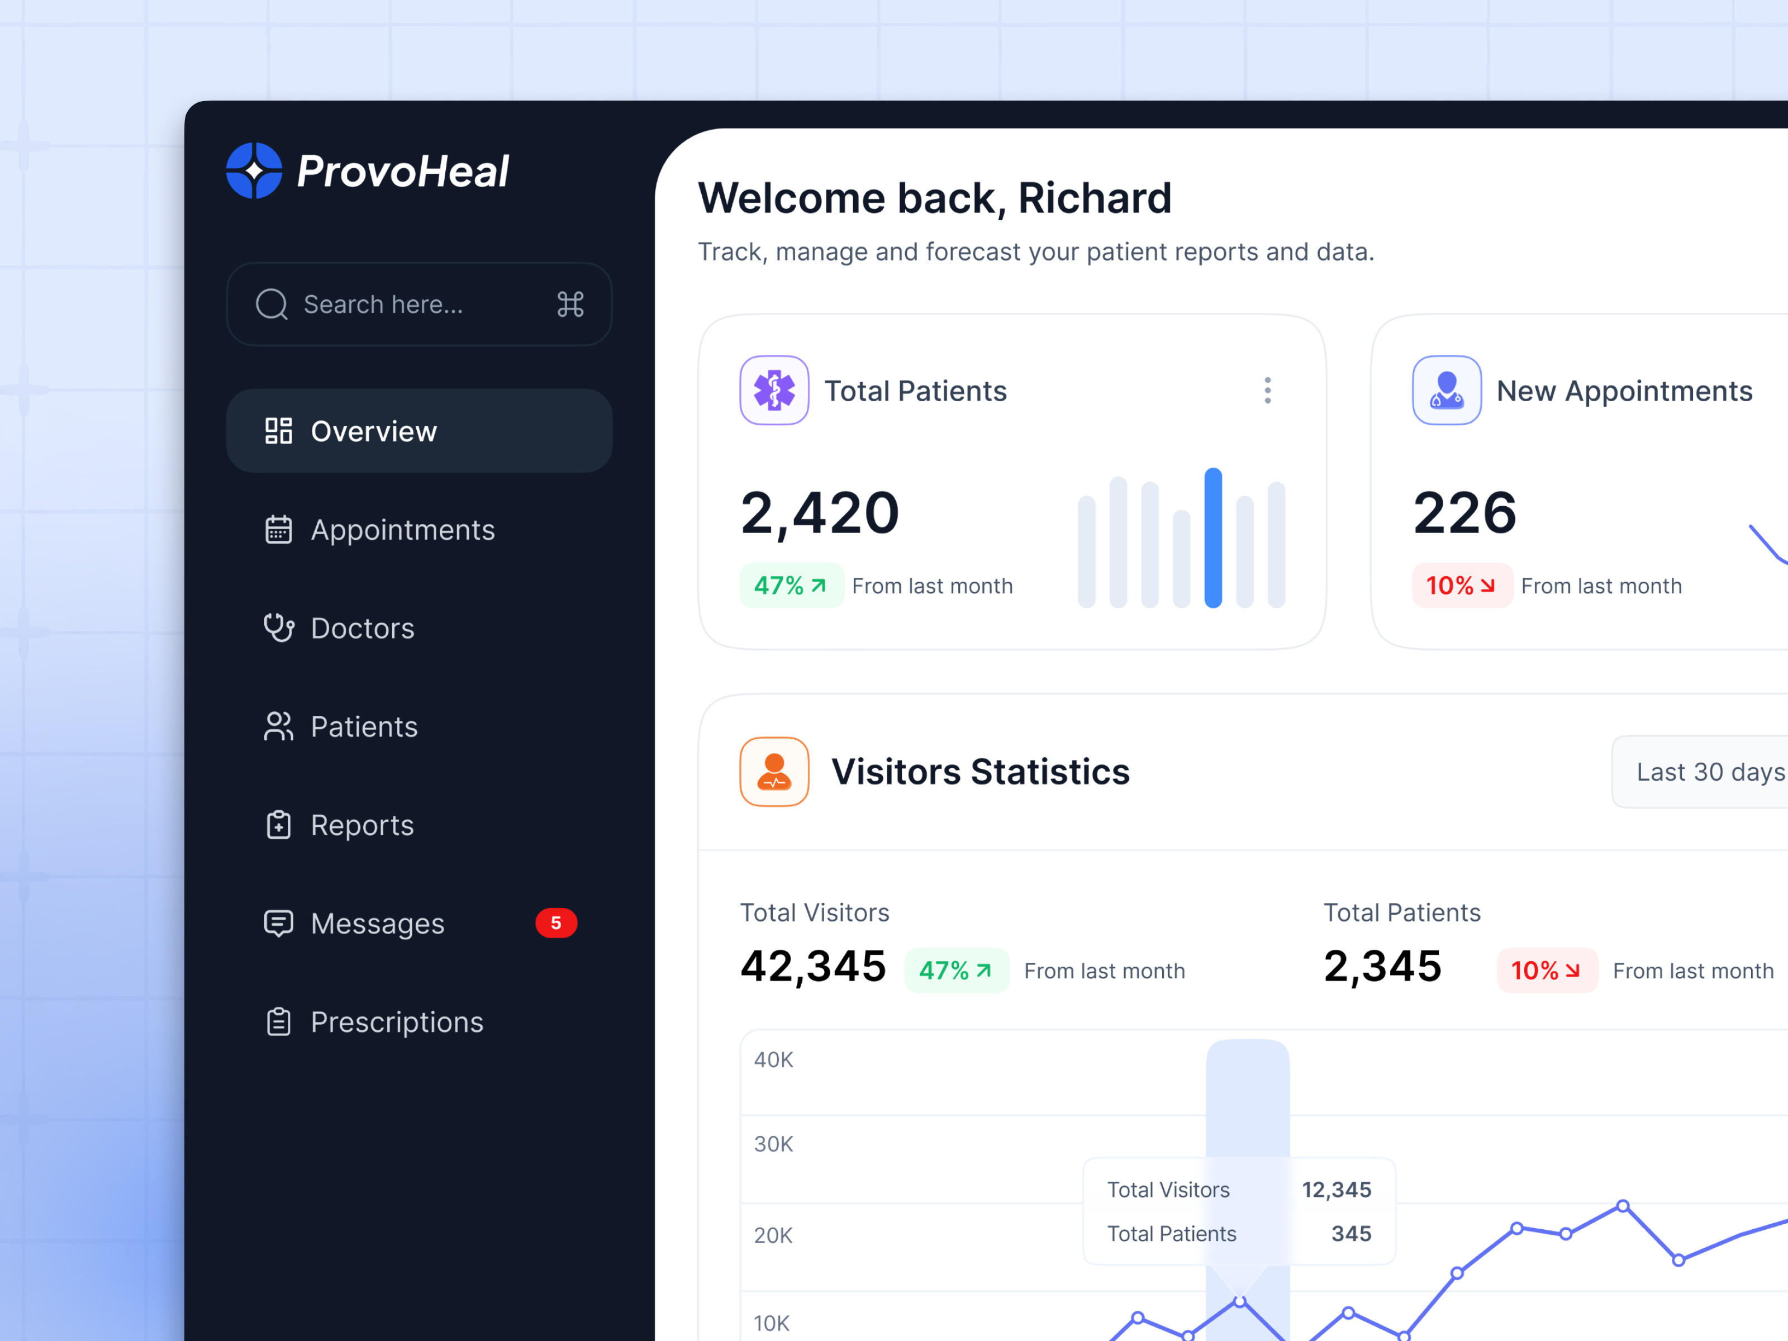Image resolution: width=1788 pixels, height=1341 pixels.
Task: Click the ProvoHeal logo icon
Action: pos(254,170)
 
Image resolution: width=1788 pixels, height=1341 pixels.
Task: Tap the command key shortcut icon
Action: pos(570,305)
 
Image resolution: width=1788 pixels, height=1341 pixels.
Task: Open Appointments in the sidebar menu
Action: pos(402,530)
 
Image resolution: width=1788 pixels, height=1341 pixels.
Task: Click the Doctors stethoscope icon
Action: pos(279,628)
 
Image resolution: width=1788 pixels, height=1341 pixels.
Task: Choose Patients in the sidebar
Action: pos(364,727)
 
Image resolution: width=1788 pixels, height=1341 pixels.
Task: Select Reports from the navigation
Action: pos(362,825)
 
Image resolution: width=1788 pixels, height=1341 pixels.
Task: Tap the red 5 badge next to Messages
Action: pos(556,923)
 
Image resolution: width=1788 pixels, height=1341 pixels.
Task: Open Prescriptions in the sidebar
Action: pos(396,1023)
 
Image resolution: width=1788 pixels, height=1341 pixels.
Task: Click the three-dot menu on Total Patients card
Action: pos(1267,391)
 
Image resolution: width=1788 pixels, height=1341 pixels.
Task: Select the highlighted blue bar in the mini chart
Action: pos(1212,538)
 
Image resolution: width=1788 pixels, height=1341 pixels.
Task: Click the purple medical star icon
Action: pos(774,391)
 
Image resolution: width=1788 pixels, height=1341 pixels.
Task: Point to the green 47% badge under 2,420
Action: pos(791,585)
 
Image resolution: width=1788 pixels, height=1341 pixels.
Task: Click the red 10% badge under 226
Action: pos(1462,585)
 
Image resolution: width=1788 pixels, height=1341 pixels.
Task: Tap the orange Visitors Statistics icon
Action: pos(774,772)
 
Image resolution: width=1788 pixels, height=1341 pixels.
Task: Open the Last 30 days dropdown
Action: pos(1705,772)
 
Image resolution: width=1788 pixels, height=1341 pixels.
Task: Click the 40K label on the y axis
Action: pos(773,1060)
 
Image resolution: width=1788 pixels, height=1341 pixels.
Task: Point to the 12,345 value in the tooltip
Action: pos(1336,1190)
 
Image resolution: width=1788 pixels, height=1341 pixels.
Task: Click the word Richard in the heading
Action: pos(1095,198)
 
